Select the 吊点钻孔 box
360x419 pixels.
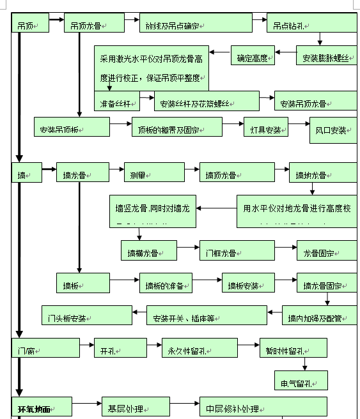[x=311, y=25]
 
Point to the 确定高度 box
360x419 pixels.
[x=253, y=57]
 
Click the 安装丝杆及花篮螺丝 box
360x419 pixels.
[x=207, y=102]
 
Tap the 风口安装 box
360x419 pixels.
[x=331, y=130]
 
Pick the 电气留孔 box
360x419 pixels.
[x=301, y=382]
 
